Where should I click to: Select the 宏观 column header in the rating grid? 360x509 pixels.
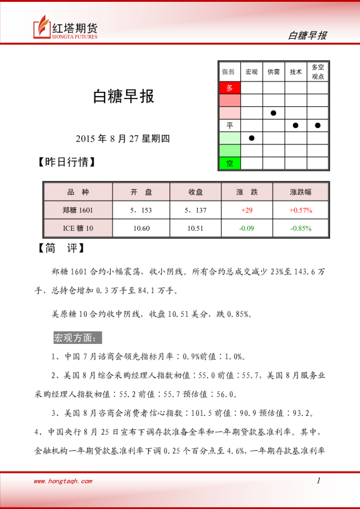[x=252, y=72]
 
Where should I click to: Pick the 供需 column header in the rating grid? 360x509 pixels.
[x=273, y=72]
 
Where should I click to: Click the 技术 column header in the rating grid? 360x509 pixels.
[x=295, y=72]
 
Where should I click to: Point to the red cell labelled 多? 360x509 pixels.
[x=229, y=88]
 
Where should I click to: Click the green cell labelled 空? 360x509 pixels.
[x=229, y=163]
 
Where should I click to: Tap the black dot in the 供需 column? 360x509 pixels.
[x=273, y=113]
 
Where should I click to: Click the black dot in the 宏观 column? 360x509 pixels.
[x=252, y=138]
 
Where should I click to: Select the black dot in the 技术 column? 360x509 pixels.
[x=295, y=125]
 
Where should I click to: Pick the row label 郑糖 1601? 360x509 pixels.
[x=78, y=210]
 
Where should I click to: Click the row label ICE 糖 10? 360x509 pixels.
[x=78, y=228]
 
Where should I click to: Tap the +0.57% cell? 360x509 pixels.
[x=300, y=210]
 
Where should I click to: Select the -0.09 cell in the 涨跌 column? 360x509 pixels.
[x=246, y=228]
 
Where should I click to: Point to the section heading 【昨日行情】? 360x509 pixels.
[x=66, y=163]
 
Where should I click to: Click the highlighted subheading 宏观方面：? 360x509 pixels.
[x=79, y=337]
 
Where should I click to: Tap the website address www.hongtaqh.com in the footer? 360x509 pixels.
[x=63, y=481]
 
